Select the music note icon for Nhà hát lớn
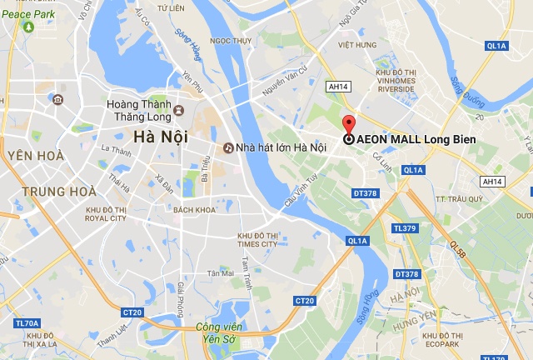pos(227,147)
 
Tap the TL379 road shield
pos(405,227)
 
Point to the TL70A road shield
pos(27,322)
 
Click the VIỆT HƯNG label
pos(358,47)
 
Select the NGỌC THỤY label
pos(231,39)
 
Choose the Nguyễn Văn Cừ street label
pos(286,82)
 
